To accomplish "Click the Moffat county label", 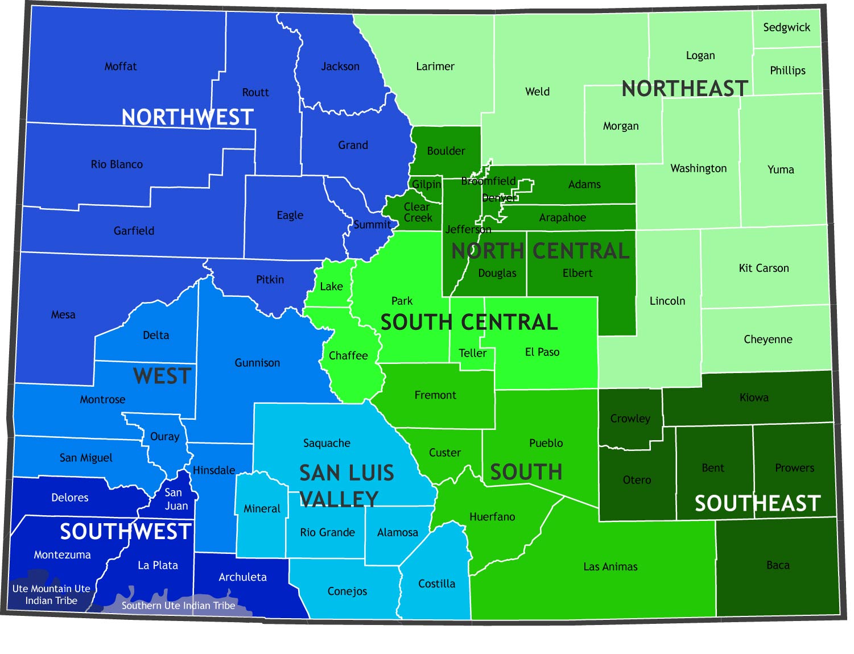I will pos(121,67).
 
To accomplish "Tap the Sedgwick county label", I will pos(786,27).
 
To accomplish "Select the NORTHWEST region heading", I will pos(187,117).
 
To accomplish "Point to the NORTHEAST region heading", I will pos(684,89).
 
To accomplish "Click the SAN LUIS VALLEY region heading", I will pos(346,486).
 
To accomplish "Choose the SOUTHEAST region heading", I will pos(757,503).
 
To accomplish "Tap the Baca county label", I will pos(778,565).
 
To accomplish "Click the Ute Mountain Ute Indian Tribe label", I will pos(51,594).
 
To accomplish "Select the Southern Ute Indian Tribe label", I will pos(178,606).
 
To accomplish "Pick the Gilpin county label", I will pos(426,184).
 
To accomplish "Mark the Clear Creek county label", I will pos(418,212).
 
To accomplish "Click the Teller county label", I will pos(472,353).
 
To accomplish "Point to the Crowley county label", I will pos(630,419).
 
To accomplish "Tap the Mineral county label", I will pos(262,508).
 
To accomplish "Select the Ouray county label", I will pos(164,437).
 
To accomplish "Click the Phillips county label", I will pos(787,71).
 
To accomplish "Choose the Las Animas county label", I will pos(610,567).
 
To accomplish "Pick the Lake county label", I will pos(331,287).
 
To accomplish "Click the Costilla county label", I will pos(436,583).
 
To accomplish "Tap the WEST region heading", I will pos(162,376).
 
